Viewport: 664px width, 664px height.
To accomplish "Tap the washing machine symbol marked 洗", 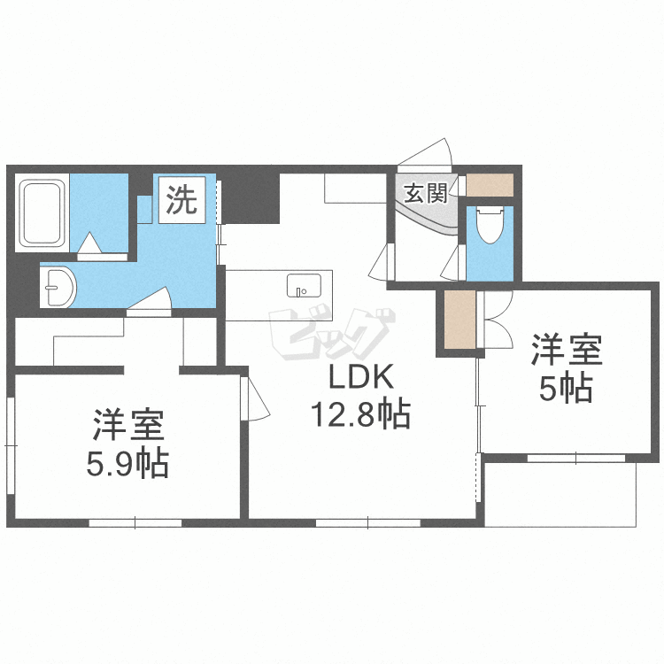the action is tap(181, 200).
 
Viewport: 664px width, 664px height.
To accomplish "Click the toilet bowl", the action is tap(490, 225).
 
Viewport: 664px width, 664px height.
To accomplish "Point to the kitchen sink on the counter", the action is tap(304, 285).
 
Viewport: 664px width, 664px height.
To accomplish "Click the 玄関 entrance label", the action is tap(426, 194).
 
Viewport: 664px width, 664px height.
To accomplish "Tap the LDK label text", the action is tap(361, 377).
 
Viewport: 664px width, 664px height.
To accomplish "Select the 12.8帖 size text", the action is tap(361, 413).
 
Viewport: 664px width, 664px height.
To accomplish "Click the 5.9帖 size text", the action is tap(127, 464).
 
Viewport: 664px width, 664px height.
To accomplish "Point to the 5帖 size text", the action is tap(566, 389).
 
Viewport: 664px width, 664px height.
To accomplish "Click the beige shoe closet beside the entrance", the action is tap(490, 185).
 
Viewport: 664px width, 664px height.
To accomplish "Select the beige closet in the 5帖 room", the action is tap(459, 320).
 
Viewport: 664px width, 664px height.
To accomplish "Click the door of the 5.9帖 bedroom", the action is tap(255, 398).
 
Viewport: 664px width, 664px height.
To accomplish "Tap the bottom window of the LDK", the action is tap(368, 522).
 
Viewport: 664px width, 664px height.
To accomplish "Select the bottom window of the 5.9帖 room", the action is tap(135, 522).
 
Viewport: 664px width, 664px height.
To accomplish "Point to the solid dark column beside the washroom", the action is tap(251, 198).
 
